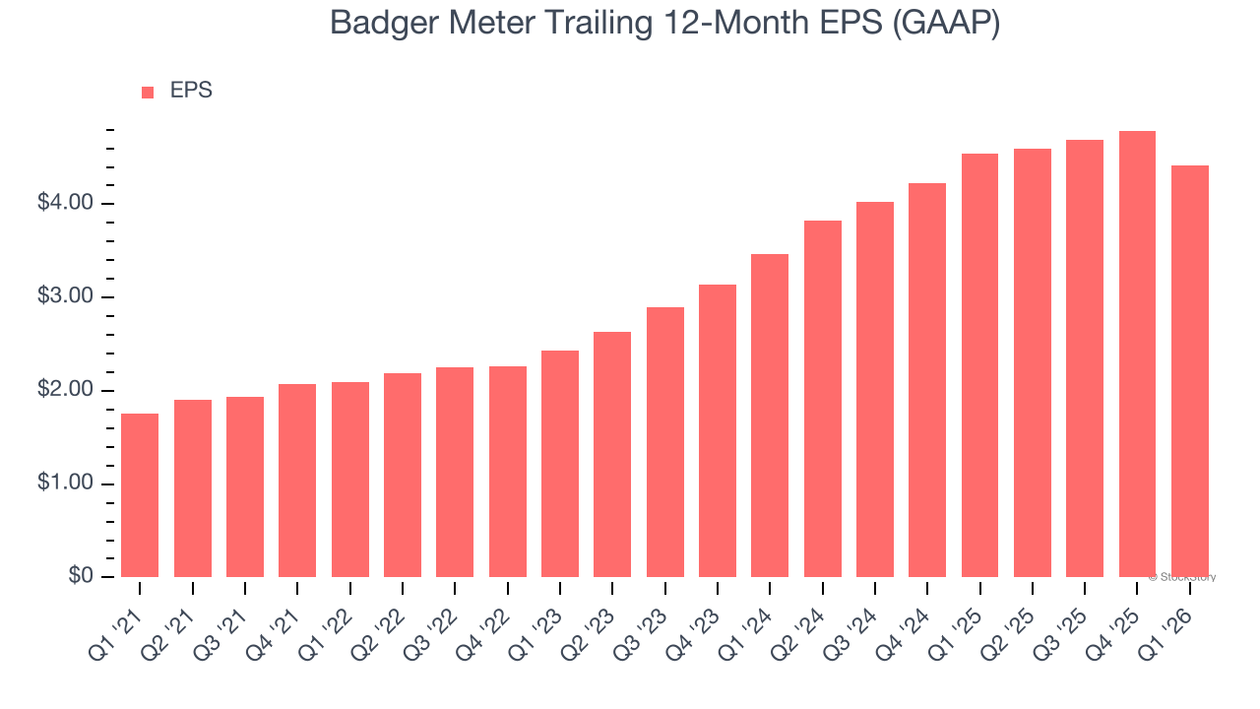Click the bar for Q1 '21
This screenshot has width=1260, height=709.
coord(140,495)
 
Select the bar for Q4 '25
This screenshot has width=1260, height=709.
coord(1137,354)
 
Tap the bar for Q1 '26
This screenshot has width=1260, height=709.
coord(1189,371)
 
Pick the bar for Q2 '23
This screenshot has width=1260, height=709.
coord(612,454)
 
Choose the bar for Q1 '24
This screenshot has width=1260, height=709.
coord(770,416)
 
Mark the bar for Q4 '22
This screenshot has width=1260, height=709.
coord(507,472)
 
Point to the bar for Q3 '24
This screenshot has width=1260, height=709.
coord(875,389)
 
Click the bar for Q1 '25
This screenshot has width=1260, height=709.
coord(979,365)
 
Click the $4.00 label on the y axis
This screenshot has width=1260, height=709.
coord(65,204)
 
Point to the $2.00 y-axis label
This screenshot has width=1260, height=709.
coord(65,391)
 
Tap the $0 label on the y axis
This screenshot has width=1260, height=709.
coord(81,577)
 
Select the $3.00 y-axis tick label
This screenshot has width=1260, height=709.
coord(65,297)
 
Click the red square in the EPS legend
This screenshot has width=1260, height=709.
coord(148,93)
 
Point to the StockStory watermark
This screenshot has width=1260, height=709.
coord(1182,577)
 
